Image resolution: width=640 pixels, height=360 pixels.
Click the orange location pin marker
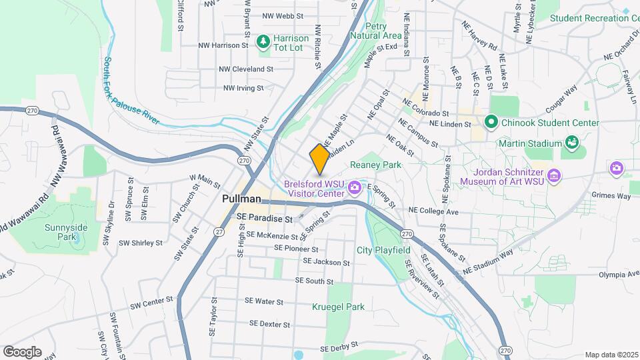click(x=319, y=159)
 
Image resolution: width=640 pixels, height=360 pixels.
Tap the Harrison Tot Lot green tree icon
click(x=263, y=42)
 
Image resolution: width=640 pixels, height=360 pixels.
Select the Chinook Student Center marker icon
click(x=491, y=123)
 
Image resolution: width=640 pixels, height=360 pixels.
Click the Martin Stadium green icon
click(x=571, y=143)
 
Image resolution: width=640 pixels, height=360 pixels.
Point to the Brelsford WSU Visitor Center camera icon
click(x=354, y=186)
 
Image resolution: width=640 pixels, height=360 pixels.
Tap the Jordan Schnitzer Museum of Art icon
click(x=554, y=176)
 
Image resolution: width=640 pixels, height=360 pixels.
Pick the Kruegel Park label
click(x=338, y=307)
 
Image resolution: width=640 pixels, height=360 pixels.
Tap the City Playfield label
click(x=383, y=251)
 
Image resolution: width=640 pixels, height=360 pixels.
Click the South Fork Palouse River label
click(x=131, y=91)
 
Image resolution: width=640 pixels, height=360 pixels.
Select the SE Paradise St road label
click(x=265, y=219)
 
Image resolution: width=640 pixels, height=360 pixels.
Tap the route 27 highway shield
click(x=219, y=231)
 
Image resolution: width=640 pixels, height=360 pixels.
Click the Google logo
click(x=22, y=352)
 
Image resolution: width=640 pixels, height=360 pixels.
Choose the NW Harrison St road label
click(x=223, y=45)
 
